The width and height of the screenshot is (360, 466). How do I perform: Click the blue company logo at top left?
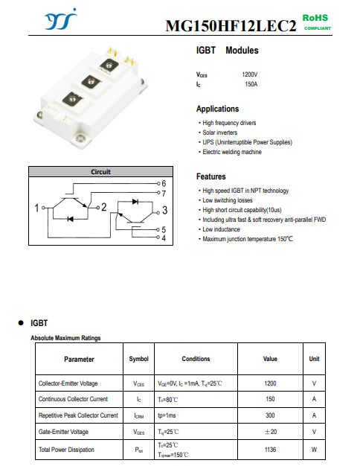(x=60, y=19)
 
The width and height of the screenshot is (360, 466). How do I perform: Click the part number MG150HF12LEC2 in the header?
(x=231, y=26)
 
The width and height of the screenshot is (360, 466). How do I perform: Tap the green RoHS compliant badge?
(x=317, y=22)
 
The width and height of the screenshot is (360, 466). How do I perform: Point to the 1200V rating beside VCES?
(x=249, y=74)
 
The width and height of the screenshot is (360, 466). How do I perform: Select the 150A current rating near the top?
(x=251, y=84)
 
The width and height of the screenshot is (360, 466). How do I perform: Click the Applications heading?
(x=217, y=109)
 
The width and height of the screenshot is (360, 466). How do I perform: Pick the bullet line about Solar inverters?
(x=218, y=133)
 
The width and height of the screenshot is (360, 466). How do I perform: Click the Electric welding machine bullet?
(x=230, y=152)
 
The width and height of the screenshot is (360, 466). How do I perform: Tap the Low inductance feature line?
(x=219, y=229)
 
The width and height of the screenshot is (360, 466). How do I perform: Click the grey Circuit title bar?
(x=100, y=172)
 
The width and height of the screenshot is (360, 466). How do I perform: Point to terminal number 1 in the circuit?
(x=36, y=208)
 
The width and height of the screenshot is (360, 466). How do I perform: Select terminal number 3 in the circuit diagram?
(x=165, y=210)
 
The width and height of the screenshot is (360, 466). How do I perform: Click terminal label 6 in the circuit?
(x=164, y=183)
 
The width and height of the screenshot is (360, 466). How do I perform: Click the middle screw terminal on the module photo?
(x=90, y=81)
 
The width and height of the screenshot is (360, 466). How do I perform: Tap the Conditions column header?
(x=196, y=359)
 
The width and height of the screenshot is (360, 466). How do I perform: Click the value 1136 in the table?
(x=270, y=450)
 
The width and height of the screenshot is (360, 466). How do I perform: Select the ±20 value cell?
(x=270, y=432)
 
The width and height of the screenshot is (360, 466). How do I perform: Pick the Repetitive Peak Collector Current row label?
(x=78, y=415)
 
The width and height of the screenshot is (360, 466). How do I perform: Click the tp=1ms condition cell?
(x=167, y=415)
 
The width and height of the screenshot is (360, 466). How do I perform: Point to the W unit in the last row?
(x=314, y=450)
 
